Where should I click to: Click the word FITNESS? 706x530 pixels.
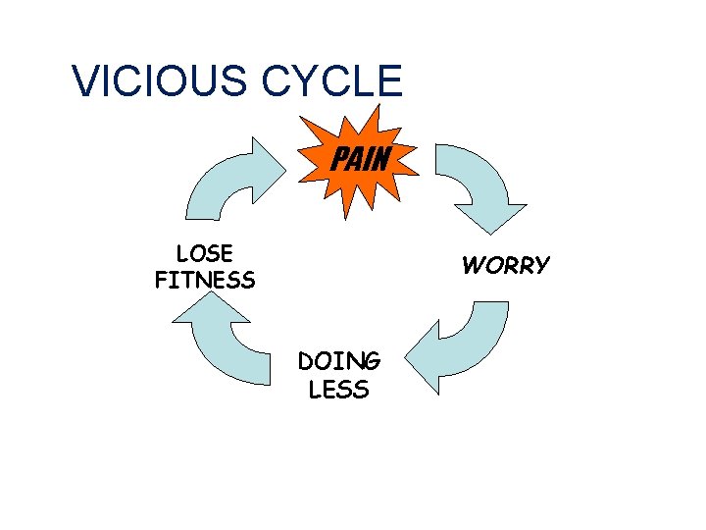click(204, 281)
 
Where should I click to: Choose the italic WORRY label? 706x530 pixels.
click(506, 266)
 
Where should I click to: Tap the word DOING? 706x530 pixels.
click(339, 363)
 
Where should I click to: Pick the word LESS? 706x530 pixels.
click(339, 390)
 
